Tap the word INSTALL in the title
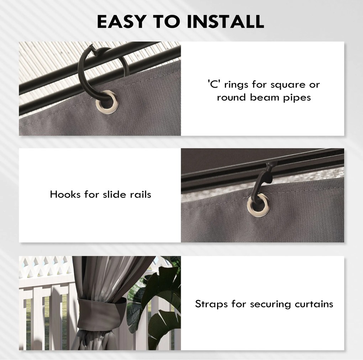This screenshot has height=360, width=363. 225,21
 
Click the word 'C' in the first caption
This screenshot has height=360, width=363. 213,84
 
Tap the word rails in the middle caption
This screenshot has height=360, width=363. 141,194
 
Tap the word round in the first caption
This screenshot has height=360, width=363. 231,97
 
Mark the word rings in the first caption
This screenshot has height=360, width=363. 236,85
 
